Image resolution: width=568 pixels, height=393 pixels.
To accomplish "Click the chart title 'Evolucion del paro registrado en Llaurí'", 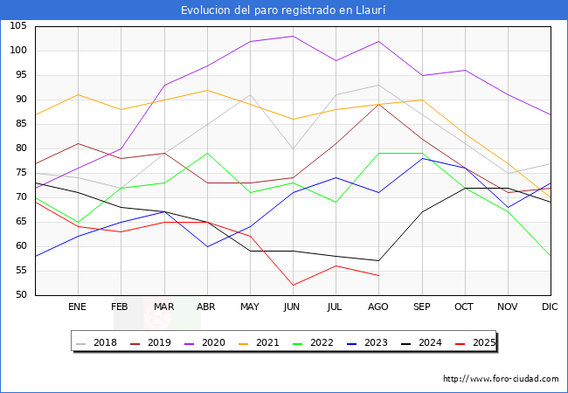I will [284, 10].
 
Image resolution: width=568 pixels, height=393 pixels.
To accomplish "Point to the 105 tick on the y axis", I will [18, 26].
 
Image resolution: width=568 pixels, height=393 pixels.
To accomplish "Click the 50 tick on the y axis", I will [21, 295].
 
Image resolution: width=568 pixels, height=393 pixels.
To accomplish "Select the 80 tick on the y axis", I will [21, 148].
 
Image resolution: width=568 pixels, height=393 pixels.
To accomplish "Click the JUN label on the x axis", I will [292, 307].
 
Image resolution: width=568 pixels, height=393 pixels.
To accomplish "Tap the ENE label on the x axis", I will [78, 307].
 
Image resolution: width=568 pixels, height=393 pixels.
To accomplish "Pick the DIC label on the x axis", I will [550, 307].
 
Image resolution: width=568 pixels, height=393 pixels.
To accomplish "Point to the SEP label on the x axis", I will [421, 307].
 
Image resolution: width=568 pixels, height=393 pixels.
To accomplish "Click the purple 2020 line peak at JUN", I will [293, 36].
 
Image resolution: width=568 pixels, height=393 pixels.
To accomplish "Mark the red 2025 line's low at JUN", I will [293, 285].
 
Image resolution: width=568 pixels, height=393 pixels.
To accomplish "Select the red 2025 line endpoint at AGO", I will [378, 275].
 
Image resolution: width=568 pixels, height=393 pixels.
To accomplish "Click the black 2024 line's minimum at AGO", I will [378, 260].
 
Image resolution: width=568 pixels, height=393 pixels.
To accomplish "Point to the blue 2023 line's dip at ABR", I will [207, 246].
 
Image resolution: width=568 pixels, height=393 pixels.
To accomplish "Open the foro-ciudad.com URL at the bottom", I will [501, 379].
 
